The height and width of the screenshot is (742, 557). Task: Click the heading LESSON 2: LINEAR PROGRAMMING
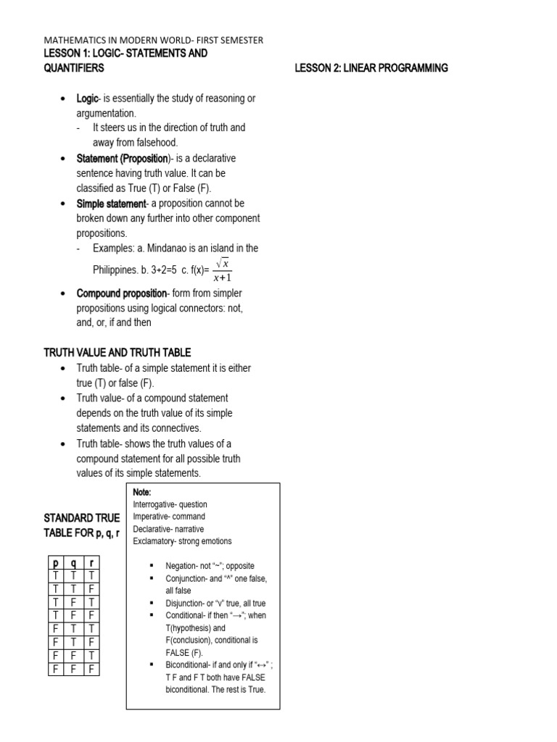(x=371, y=68)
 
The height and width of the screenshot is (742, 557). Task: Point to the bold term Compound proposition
(x=122, y=293)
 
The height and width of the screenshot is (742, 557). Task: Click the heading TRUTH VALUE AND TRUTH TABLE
(x=117, y=353)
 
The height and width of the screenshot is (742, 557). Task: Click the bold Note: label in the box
(x=142, y=492)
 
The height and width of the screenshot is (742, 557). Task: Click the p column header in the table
(x=55, y=563)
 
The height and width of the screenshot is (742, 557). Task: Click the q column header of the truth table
(x=72, y=563)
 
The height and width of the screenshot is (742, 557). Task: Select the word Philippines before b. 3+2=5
(x=118, y=270)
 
